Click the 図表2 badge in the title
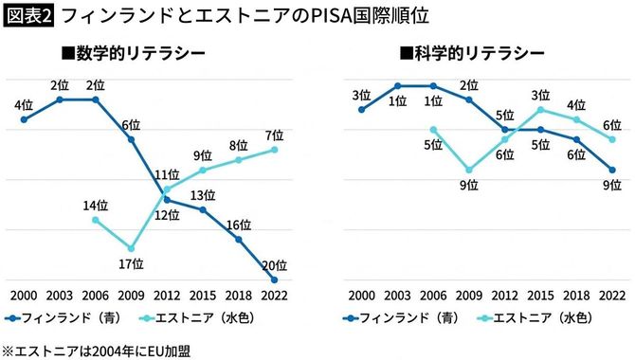(x=28, y=16)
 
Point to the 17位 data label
(x=131, y=263)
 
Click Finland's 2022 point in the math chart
(x=275, y=279)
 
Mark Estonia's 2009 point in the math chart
(x=131, y=248)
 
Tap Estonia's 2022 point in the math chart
(x=275, y=149)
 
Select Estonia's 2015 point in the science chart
(x=540, y=109)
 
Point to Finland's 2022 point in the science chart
(x=613, y=170)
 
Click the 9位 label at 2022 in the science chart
(x=611, y=186)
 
